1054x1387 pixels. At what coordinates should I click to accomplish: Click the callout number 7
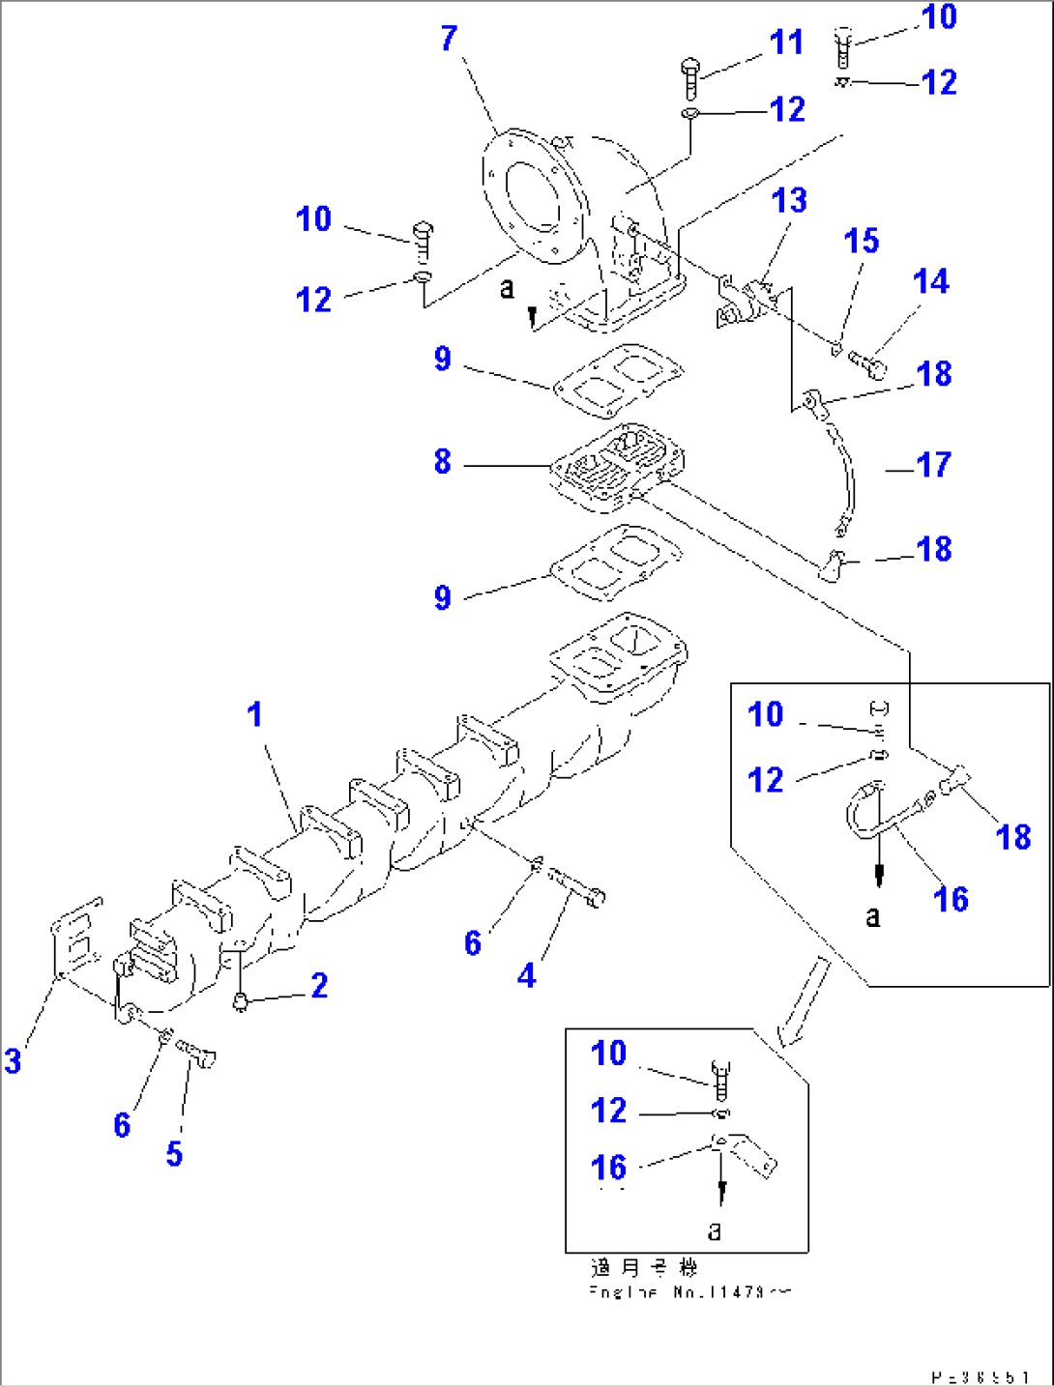click(x=449, y=39)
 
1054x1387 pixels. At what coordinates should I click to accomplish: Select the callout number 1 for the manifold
click(x=254, y=714)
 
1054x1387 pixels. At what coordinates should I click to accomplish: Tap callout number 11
click(x=786, y=43)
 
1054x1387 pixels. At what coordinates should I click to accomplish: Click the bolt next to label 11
click(x=691, y=77)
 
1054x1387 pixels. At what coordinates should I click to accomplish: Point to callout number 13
click(x=789, y=200)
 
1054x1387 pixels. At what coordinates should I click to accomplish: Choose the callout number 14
click(x=930, y=281)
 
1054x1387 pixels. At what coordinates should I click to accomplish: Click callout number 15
click(x=861, y=241)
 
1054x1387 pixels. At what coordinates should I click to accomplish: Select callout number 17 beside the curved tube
click(x=933, y=465)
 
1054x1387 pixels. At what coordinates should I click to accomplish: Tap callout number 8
click(x=442, y=461)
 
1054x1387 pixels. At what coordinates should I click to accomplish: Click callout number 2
click(x=319, y=985)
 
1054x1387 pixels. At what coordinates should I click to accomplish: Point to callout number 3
click(x=13, y=1060)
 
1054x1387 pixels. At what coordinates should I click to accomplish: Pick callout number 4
click(x=526, y=975)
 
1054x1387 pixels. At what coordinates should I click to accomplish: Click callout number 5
click(x=174, y=1153)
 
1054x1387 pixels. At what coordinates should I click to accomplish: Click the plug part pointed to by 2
click(x=240, y=1005)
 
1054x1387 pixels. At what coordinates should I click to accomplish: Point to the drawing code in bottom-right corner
click(x=980, y=1376)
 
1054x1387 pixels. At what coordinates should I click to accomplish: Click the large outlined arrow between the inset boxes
click(x=805, y=1000)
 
